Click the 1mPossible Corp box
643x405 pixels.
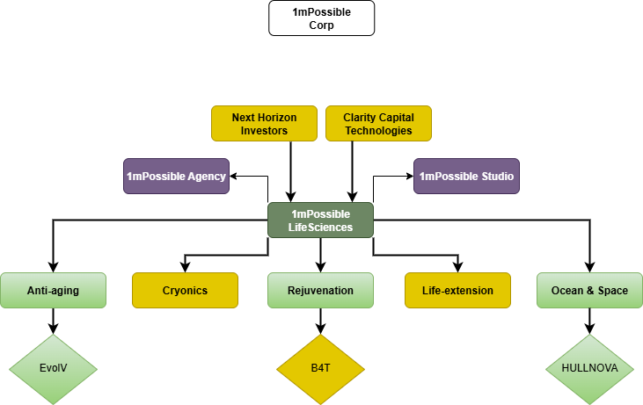click(321, 18)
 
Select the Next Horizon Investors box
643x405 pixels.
click(264, 124)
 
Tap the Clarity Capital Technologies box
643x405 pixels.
click(378, 124)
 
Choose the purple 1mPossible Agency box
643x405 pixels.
click(176, 176)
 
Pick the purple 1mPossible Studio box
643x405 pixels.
click(466, 176)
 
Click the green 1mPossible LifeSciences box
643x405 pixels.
click(321, 221)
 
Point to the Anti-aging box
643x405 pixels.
click(53, 290)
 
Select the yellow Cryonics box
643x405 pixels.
click(185, 290)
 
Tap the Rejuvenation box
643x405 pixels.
click(321, 290)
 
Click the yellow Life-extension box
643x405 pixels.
click(457, 290)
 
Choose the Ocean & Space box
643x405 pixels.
click(589, 290)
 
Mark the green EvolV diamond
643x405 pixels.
click(53, 369)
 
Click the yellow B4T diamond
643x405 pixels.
click(321, 369)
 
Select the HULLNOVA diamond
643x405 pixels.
click(589, 369)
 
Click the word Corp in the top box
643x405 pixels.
click(321, 25)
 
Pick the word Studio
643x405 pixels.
click(495, 177)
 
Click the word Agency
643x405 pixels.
click(206, 177)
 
